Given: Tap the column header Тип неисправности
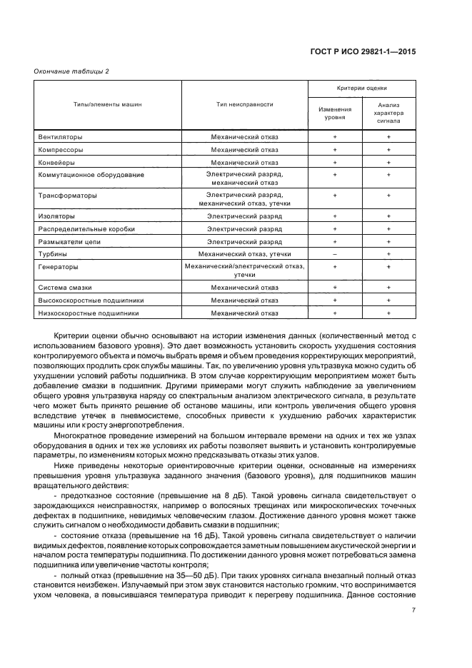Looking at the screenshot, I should [244, 104].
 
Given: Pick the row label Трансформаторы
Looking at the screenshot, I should [66, 195].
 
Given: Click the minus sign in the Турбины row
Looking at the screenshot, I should [334, 253].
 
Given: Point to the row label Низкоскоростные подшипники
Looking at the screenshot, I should [88, 313].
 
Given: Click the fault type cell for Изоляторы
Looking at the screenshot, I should [244, 216].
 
